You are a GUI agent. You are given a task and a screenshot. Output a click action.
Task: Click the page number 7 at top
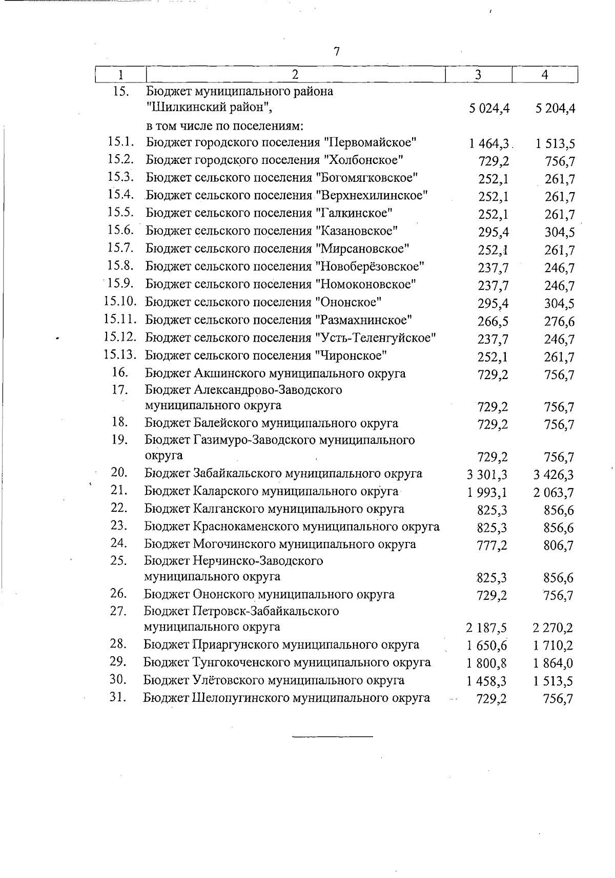click(x=336, y=52)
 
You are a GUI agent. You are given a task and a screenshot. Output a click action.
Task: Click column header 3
click(x=478, y=75)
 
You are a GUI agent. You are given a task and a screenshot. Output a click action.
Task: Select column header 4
click(x=545, y=75)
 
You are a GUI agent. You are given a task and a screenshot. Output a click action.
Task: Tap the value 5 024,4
click(x=488, y=109)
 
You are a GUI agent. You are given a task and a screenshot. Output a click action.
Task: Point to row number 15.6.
click(x=121, y=231)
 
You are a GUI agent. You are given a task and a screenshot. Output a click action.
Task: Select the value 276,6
click(x=559, y=322)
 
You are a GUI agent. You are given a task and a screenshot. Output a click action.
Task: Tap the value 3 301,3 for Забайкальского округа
click(x=487, y=475)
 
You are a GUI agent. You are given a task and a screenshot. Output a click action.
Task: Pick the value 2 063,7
click(x=553, y=493)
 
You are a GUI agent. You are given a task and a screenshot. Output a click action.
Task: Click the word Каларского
click(x=228, y=491)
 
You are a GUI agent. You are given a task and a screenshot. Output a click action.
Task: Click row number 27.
click(x=118, y=611)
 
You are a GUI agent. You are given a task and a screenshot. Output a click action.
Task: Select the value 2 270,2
click(x=553, y=628)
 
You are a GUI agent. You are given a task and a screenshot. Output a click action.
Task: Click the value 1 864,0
click(x=553, y=663)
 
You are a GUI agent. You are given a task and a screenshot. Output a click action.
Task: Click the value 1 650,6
click(x=486, y=646)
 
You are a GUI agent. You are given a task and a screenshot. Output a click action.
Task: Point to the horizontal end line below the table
click(x=333, y=737)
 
